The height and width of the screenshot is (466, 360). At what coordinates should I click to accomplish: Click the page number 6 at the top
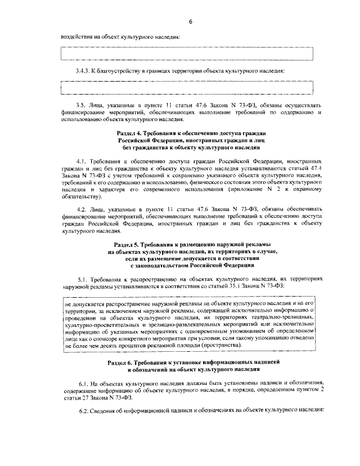pyautogui.click(x=190, y=21)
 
